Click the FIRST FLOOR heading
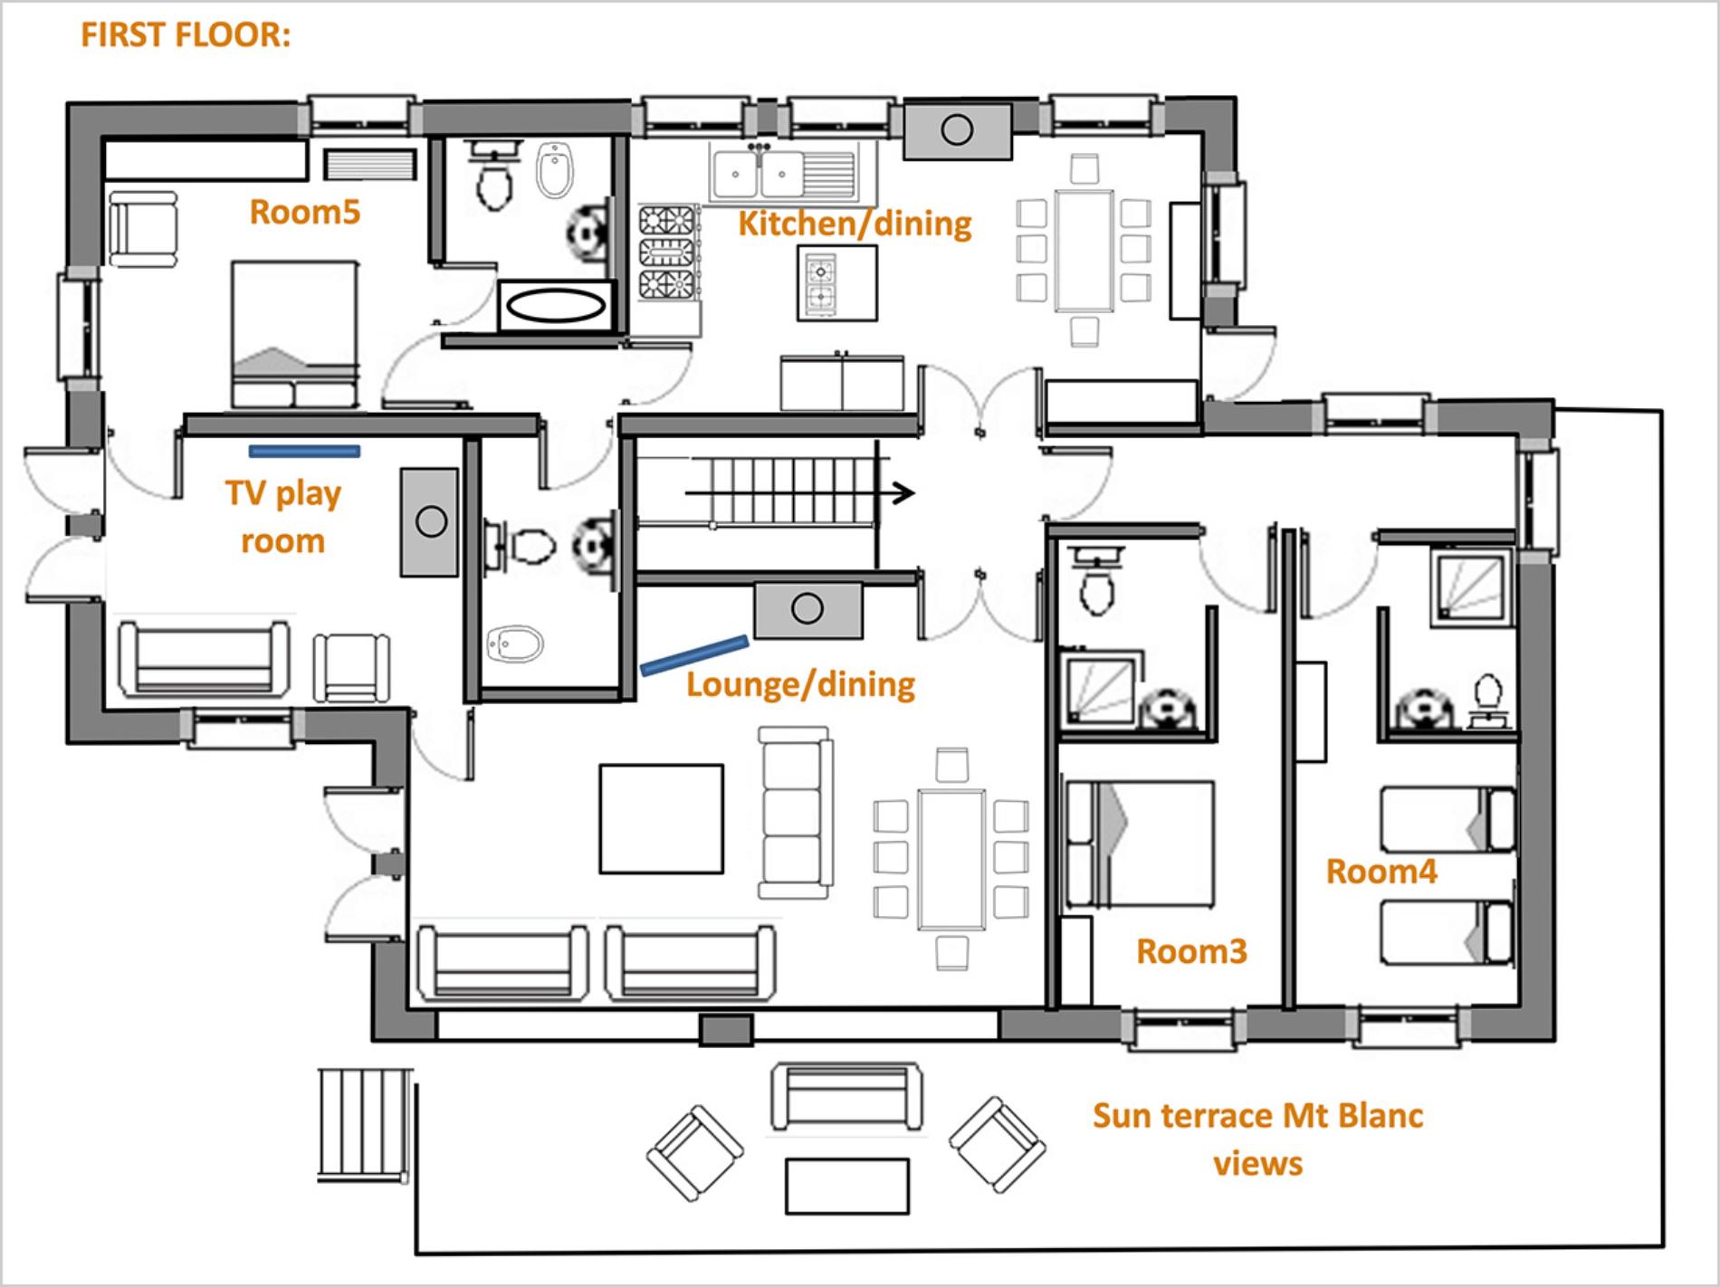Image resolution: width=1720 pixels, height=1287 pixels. [x=186, y=35]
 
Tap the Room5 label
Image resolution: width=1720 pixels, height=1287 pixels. [x=305, y=212]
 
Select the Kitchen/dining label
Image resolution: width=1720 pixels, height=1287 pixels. [x=855, y=224]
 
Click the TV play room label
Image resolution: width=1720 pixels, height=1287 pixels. [x=282, y=517]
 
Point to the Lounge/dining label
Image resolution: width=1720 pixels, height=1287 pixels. [x=800, y=684]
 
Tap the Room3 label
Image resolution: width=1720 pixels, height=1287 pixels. [x=1191, y=951]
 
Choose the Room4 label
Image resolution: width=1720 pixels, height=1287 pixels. [x=1381, y=872]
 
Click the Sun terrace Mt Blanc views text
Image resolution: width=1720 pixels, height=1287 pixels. [x=1258, y=1139]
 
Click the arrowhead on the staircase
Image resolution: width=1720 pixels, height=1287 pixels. [x=903, y=493]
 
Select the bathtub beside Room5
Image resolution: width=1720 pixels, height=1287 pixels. [x=556, y=306]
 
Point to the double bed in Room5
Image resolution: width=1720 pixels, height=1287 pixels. [x=294, y=335]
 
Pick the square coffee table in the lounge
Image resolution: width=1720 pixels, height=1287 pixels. [x=662, y=819]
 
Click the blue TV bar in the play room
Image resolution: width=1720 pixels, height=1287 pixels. [x=304, y=451]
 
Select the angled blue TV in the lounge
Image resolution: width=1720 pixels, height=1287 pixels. [x=694, y=656]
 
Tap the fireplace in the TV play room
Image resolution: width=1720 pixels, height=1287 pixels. [x=431, y=522]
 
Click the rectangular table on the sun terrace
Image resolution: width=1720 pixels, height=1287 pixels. [x=847, y=1186]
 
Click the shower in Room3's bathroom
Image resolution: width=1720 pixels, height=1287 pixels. [x=1097, y=692]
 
